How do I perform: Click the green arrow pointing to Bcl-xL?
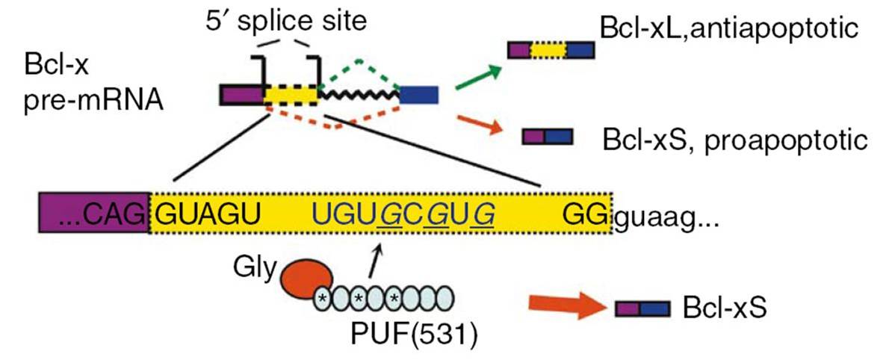(478, 78)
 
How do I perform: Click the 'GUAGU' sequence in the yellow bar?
(207, 215)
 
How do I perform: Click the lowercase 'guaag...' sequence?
(667, 217)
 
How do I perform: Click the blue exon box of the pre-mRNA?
(418, 94)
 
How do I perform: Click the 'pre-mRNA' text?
(94, 104)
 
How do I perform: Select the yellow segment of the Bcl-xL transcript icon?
(548, 50)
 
